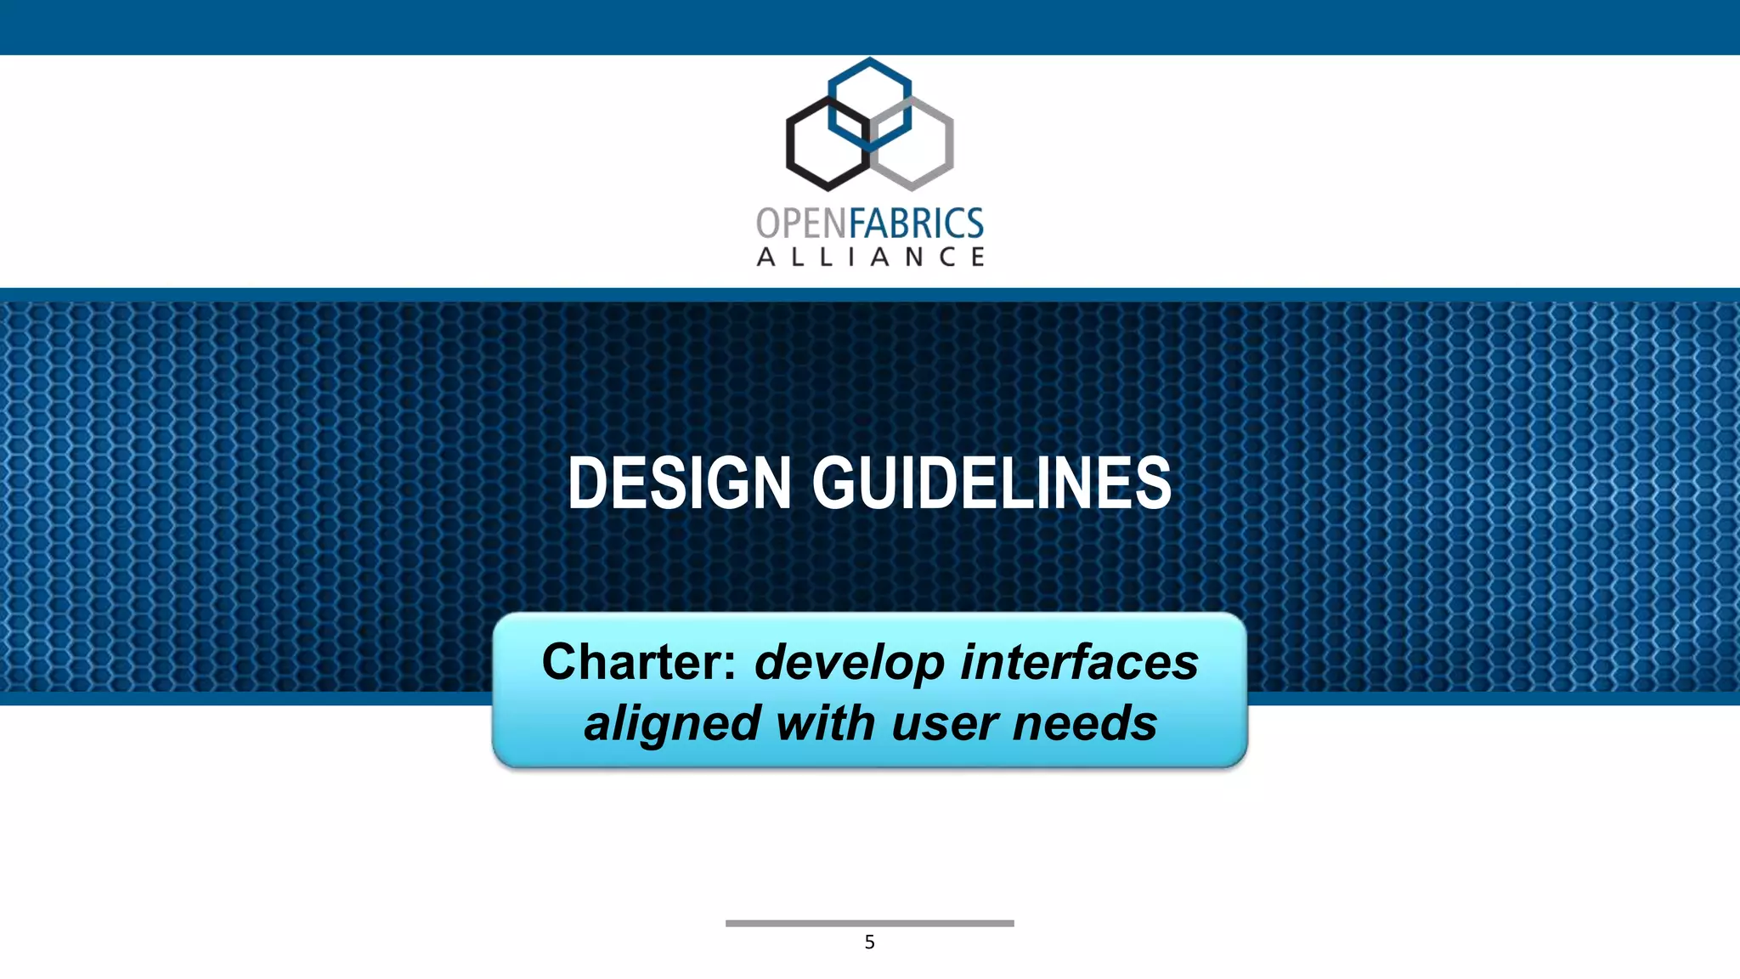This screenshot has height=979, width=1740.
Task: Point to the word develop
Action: (850, 664)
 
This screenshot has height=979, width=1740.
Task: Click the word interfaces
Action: (1079, 662)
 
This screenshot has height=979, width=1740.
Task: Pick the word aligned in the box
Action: (670, 723)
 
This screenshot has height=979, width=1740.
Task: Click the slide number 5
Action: (869, 942)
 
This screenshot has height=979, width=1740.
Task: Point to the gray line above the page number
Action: (869, 923)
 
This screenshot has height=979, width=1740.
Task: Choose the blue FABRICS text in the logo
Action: (916, 224)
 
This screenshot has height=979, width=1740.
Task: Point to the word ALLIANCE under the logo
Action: (870, 257)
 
